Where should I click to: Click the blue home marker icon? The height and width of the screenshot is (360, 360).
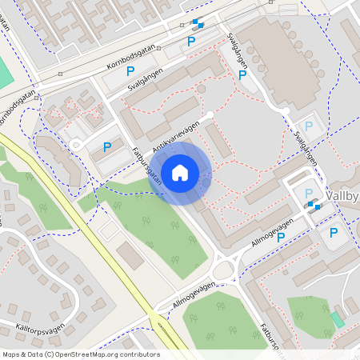180,172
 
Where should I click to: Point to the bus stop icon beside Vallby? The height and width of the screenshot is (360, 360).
314,205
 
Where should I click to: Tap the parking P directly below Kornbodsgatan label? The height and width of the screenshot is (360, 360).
130,72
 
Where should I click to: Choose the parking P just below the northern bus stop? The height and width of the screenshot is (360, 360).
191,41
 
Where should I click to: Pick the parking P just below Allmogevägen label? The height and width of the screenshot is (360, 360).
282,237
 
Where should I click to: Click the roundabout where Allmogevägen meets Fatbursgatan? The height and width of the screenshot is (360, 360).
226,266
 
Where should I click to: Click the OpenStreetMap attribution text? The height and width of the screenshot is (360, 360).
80,354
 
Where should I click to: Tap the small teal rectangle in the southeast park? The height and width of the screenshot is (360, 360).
338,319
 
